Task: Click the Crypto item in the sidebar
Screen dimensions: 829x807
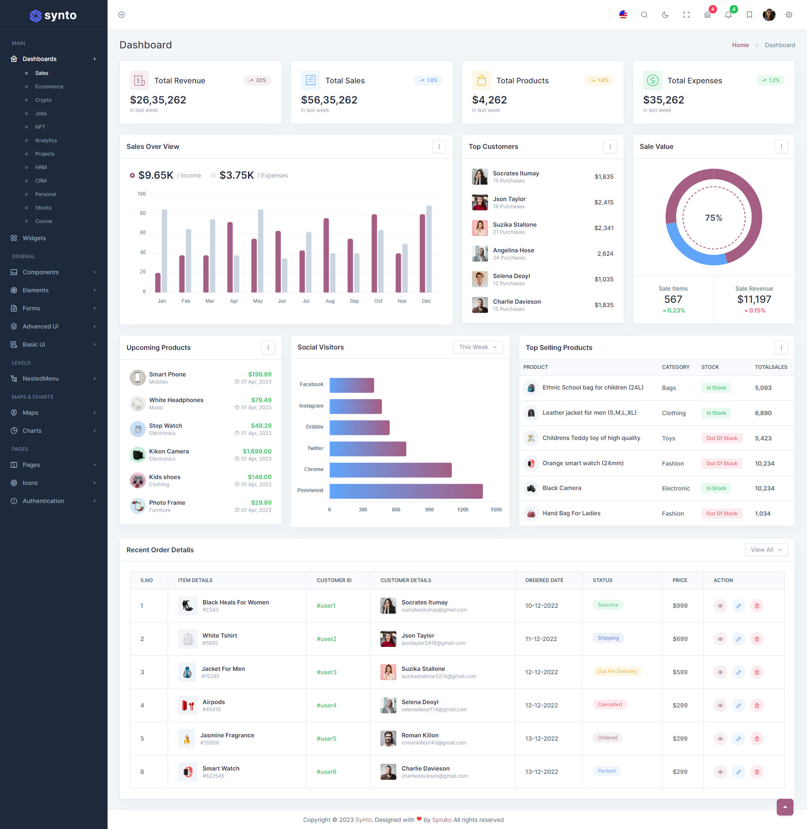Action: pyautogui.click(x=43, y=100)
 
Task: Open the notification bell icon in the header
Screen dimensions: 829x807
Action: pyautogui.click(x=728, y=15)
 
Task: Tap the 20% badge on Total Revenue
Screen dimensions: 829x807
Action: pyautogui.click(x=257, y=80)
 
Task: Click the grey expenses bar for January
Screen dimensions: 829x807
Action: pyautogui.click(x=164, y=251)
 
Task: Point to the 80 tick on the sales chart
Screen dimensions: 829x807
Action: pyautogui.click(x=143, y=213)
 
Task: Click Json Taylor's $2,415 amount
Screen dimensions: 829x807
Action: pyautogui.click(x=604, y=202)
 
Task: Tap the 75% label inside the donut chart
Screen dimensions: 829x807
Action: pyautogui.click(x=713, y=217)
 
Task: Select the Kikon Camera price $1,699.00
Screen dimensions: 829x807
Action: pyautogui.click(x=257, y=451)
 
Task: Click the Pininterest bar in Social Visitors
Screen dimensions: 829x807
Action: pyautogui.click(x=406, y=491)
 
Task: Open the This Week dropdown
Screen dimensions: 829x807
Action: pyautogui.click(x=477, y=347)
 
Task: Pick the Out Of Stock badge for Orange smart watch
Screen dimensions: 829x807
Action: pyautogui.click(x=721, y=463)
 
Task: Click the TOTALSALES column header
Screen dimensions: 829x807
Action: pyautogui.click(x=770, y=367)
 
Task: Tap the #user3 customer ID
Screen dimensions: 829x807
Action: pyautogui.click(x=326, y=672)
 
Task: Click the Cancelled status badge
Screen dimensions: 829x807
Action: pyautogui.click(x=609, y=705)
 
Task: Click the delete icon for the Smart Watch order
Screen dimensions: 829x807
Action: pyautogui.click(x=757, y=772)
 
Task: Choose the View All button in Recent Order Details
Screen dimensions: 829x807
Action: pyautogui.click(x=766, y=550)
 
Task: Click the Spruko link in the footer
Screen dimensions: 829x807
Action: pyautogui.click(x=442, y=820)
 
